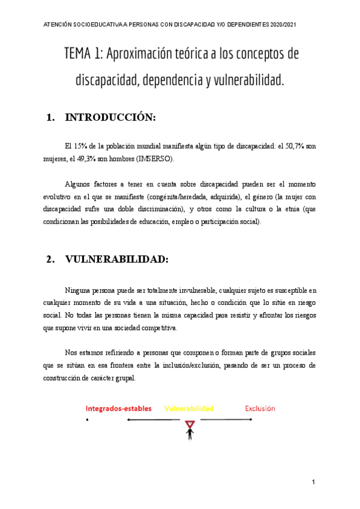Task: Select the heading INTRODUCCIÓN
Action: pos(110,118)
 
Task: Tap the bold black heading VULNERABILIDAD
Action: pos(116,259)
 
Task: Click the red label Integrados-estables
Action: pos(118,408)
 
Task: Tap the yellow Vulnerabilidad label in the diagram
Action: pos(188,408)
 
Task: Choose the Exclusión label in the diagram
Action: pos(260,408)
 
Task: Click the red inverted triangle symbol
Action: pos(190,425)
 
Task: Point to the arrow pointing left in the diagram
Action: pos(153,420)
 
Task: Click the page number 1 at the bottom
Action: pos(313,483)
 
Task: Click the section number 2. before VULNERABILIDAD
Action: pos(50,259)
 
